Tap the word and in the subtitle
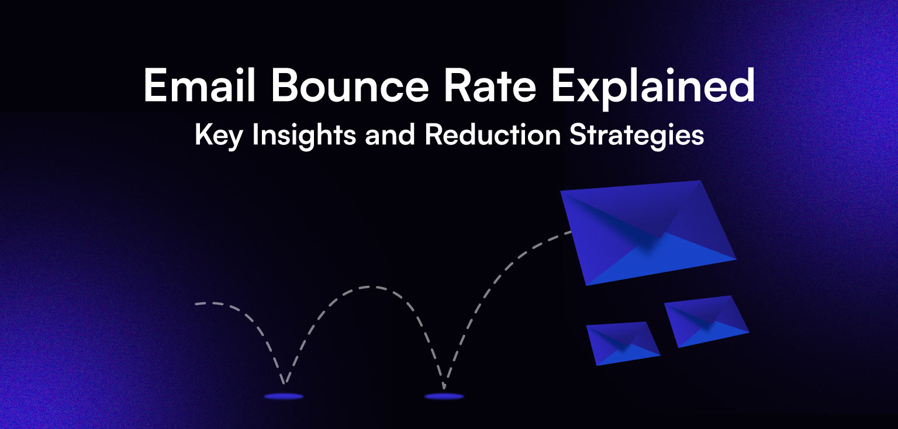tap(391, 134)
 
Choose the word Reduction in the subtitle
tap(492, 134)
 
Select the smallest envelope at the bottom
tap(623, 343)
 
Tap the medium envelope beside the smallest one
tap(707, 321)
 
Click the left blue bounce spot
tap(284, 396)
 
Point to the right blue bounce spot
tap(444, 396)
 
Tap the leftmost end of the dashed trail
tap(198, 304)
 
